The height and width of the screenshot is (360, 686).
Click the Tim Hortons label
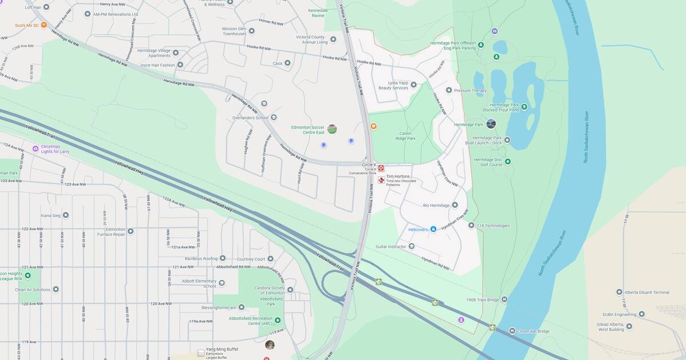398,177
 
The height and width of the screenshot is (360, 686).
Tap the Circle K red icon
381,169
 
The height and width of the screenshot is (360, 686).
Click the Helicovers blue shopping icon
433,229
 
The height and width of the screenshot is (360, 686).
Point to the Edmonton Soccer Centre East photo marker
332,129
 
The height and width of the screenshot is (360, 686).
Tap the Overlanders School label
246,118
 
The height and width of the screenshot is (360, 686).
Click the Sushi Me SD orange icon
43,25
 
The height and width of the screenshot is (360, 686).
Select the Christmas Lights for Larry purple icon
35,149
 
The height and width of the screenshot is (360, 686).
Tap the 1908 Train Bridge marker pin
504,299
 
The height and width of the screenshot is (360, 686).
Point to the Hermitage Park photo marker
490,124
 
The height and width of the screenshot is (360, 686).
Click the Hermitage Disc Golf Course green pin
508,162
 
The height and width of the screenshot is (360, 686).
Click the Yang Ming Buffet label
222,349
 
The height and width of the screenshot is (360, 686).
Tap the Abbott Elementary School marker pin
222,283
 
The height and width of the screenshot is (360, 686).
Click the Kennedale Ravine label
318,13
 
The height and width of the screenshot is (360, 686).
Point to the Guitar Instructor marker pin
412,246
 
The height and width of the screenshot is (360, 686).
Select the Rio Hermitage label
436,205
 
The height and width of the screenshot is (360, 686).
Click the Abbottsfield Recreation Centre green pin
277,321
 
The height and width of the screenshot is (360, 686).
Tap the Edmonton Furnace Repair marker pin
130,231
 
